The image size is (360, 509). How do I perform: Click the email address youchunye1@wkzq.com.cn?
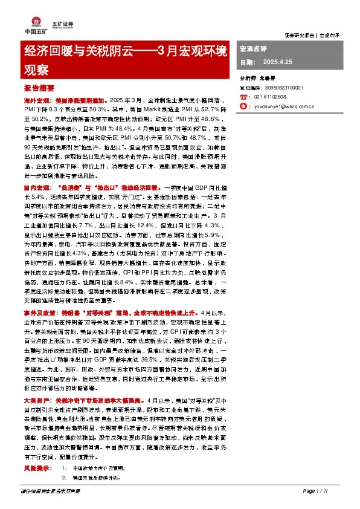point(284,106)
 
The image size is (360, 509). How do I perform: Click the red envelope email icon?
point(243,106)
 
